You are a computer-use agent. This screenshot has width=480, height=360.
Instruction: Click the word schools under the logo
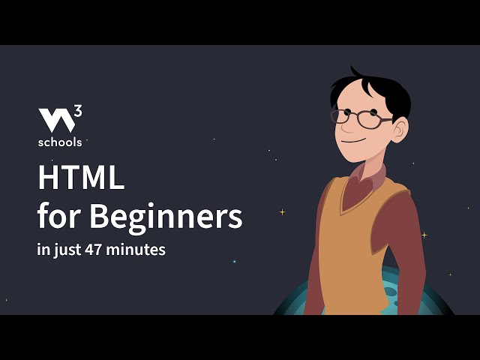click(60, 141)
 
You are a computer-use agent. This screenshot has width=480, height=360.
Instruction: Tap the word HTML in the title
click(81, 179)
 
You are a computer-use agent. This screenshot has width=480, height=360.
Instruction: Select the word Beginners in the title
click(166, 217)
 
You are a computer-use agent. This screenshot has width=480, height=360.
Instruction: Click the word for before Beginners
click(59, 217)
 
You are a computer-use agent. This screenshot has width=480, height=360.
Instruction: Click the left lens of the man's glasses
click(342, 116)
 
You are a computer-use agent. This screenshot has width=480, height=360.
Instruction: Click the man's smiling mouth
click(352, 141)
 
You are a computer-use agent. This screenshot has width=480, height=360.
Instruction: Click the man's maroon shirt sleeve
click(409, 240)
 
